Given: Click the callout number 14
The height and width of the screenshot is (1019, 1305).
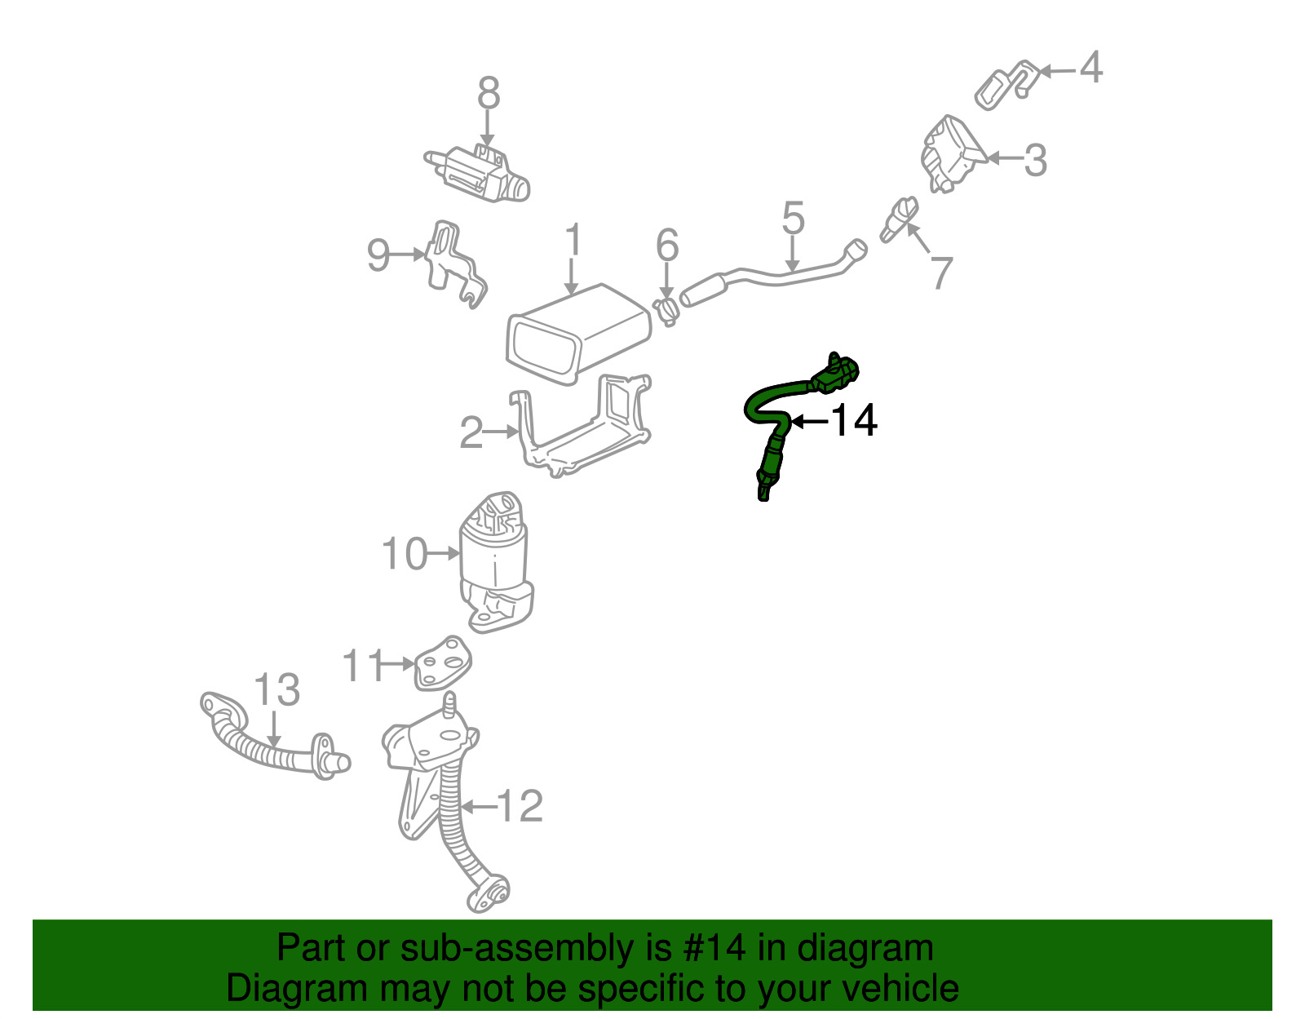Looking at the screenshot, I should pos(854,421).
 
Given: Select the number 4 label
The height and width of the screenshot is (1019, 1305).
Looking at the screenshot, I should pos(1090,67).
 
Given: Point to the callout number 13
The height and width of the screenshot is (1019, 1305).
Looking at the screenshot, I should pos(277,690).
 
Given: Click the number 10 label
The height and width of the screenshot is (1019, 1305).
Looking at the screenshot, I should pos(405,554).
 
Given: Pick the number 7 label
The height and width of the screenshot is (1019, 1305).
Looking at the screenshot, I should pos(941,272).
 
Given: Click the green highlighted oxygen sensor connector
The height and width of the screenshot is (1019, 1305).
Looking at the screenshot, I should pos(835,374).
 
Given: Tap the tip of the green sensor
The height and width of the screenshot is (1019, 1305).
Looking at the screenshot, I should pos(763,493).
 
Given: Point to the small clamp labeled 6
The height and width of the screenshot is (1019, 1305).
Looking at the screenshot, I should pos(666,312).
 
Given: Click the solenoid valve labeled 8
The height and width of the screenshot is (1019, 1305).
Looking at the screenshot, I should pos(477,173).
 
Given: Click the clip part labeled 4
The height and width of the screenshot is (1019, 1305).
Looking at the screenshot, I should pos(1005,84).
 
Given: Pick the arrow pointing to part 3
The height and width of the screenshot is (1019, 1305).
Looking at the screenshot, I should pos(1005,158).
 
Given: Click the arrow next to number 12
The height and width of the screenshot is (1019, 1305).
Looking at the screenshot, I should pos(479,807).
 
